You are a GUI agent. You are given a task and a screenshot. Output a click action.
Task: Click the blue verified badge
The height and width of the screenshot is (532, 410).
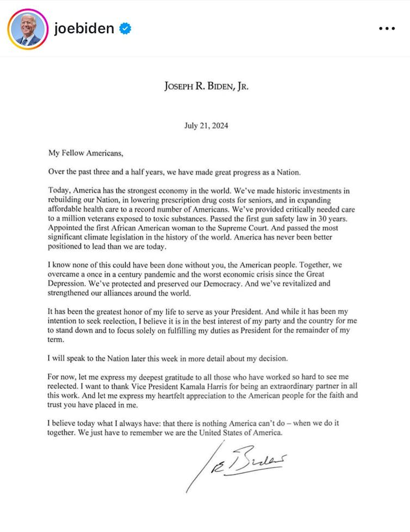point(125,29)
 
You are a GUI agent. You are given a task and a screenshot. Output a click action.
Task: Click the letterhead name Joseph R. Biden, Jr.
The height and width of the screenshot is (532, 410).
point(206,87)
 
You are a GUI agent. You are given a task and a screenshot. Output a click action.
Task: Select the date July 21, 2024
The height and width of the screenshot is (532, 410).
point(206,126)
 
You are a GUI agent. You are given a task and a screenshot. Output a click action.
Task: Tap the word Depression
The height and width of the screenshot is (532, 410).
point(68,284)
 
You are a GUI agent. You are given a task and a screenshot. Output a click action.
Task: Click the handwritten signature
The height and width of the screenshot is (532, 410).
point(239,463)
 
